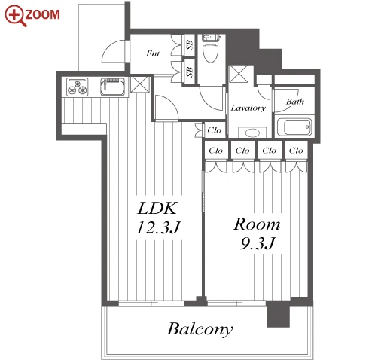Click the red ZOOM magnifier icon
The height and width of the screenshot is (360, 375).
tap(16, 16)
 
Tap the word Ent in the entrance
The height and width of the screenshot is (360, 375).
tap(153, 53)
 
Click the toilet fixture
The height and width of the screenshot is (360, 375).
tap(210, 49)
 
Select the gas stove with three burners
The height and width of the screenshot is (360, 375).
tap(77, 87)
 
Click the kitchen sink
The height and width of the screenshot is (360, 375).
tap(113, 87)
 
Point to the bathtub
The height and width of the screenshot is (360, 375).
tap(294, 127)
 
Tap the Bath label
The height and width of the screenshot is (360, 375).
tap(295, 102)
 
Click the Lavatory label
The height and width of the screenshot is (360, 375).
tap(248, 108)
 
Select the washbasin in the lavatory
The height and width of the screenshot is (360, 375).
tap(252, 133)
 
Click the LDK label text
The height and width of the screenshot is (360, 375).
tap(157, 208)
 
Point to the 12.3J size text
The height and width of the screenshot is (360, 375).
tap(158, 227)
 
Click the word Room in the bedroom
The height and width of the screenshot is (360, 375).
tap(257, 224)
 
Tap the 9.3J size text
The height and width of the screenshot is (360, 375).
tap(258, 243)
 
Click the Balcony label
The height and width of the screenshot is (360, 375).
tap(200, 329)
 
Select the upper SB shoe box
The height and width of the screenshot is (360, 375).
tap(190, 45)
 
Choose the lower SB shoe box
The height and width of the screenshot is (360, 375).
tap(190, 72)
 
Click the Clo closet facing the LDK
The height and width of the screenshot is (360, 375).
tap(214, 130)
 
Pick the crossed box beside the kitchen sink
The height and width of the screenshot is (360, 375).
tap(140, 84)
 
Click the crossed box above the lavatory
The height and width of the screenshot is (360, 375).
tap(239, 74)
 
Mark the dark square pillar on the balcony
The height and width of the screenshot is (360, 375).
tap(278, 314)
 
